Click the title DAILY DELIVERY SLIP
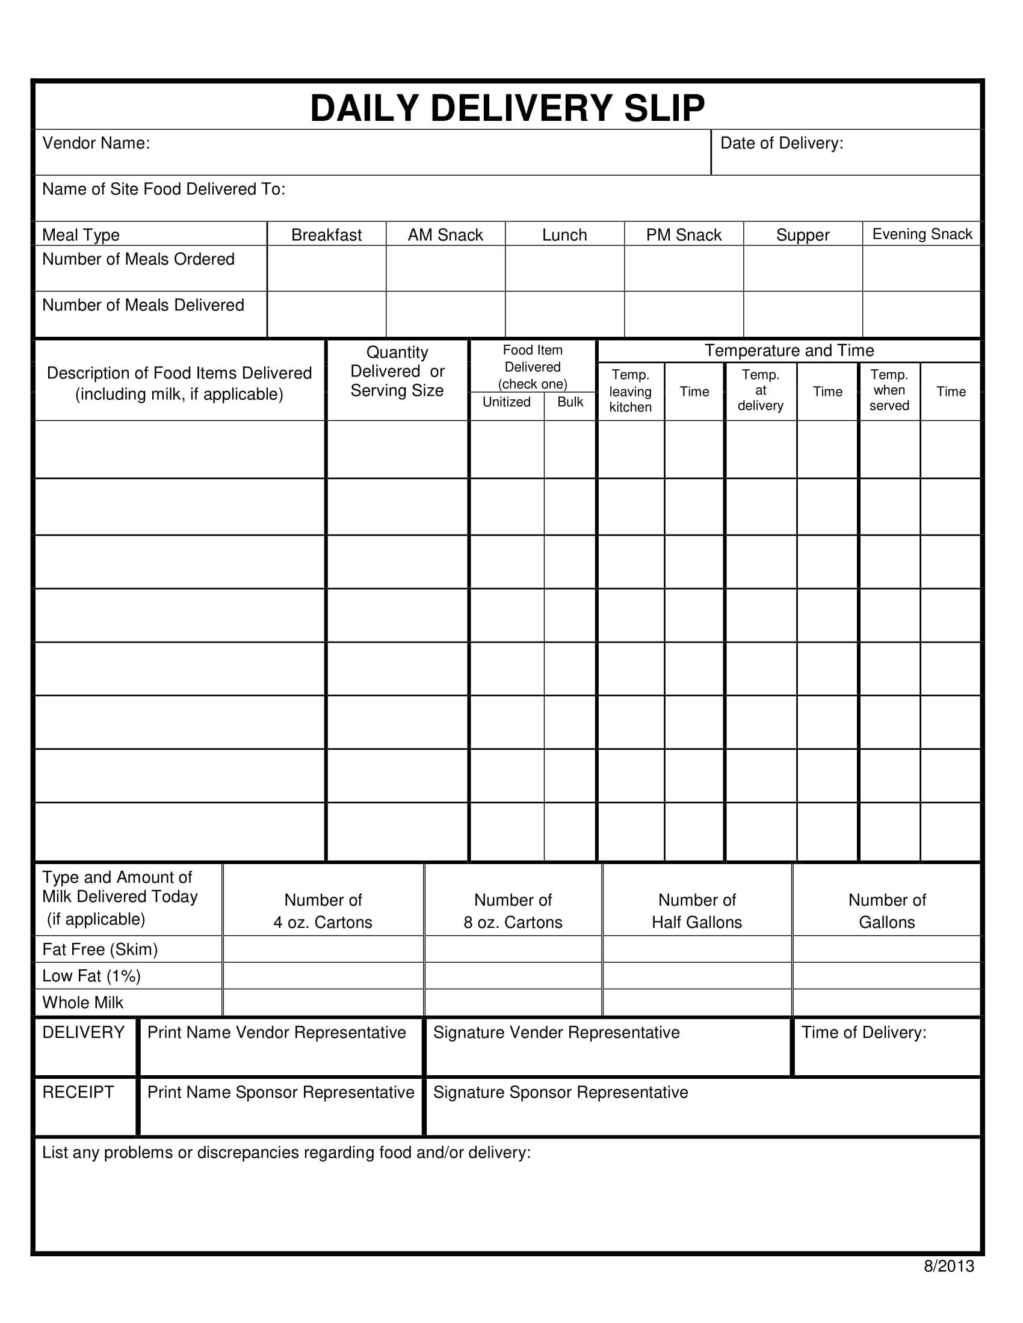tap(507, 108)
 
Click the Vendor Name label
tap(96, 143)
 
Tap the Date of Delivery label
tap(781, 143)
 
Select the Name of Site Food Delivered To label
tap(164, 189)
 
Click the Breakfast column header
tap(326, 235)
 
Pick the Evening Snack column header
tap(922, 234)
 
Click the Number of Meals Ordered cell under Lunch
tap(564, 268)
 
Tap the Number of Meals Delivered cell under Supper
tap(802, 315)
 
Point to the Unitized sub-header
tap(506, 402)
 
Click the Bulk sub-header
tap(570, 402)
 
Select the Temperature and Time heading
tap(788, 350)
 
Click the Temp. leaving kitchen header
tap(630, 391)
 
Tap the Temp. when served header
tap(888, 390)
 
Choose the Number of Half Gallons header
tap(696, 910)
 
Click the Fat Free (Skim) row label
tap(100, 948)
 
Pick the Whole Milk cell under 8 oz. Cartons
tap(513, 1002)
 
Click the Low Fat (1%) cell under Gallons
tap(886, 975)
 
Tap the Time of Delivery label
tap(864, 1032)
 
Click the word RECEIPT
tap(78, 1091)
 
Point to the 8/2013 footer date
tap(948, 1266)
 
